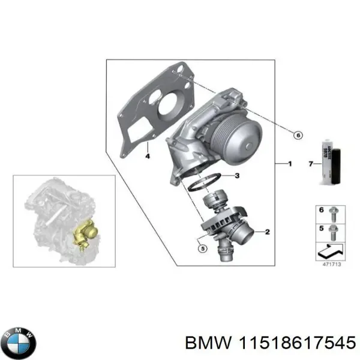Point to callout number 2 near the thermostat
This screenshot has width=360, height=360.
[x=267, y=231]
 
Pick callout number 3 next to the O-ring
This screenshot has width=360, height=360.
[x=238, y=176]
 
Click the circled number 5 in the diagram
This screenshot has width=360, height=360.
[x=202, y=248]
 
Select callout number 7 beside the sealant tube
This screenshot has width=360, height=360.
[x=310, y=163]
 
